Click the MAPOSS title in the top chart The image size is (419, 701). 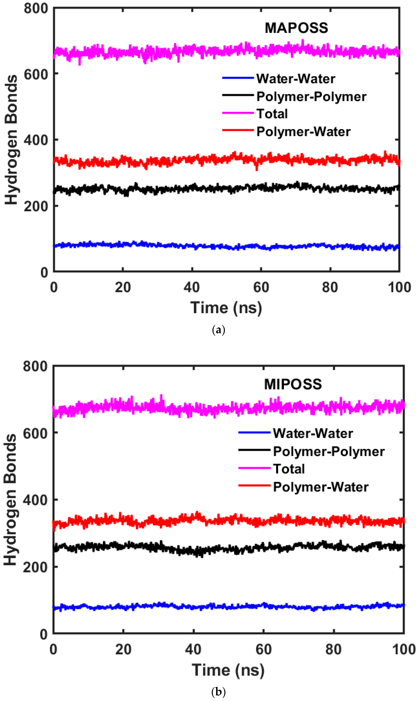pyautogui.click(x=296, y=28)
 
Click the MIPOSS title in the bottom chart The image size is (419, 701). pyautogui.click(x=293, y=384)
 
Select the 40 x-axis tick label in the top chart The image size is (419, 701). pyautogui.click(x=192, y=287)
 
